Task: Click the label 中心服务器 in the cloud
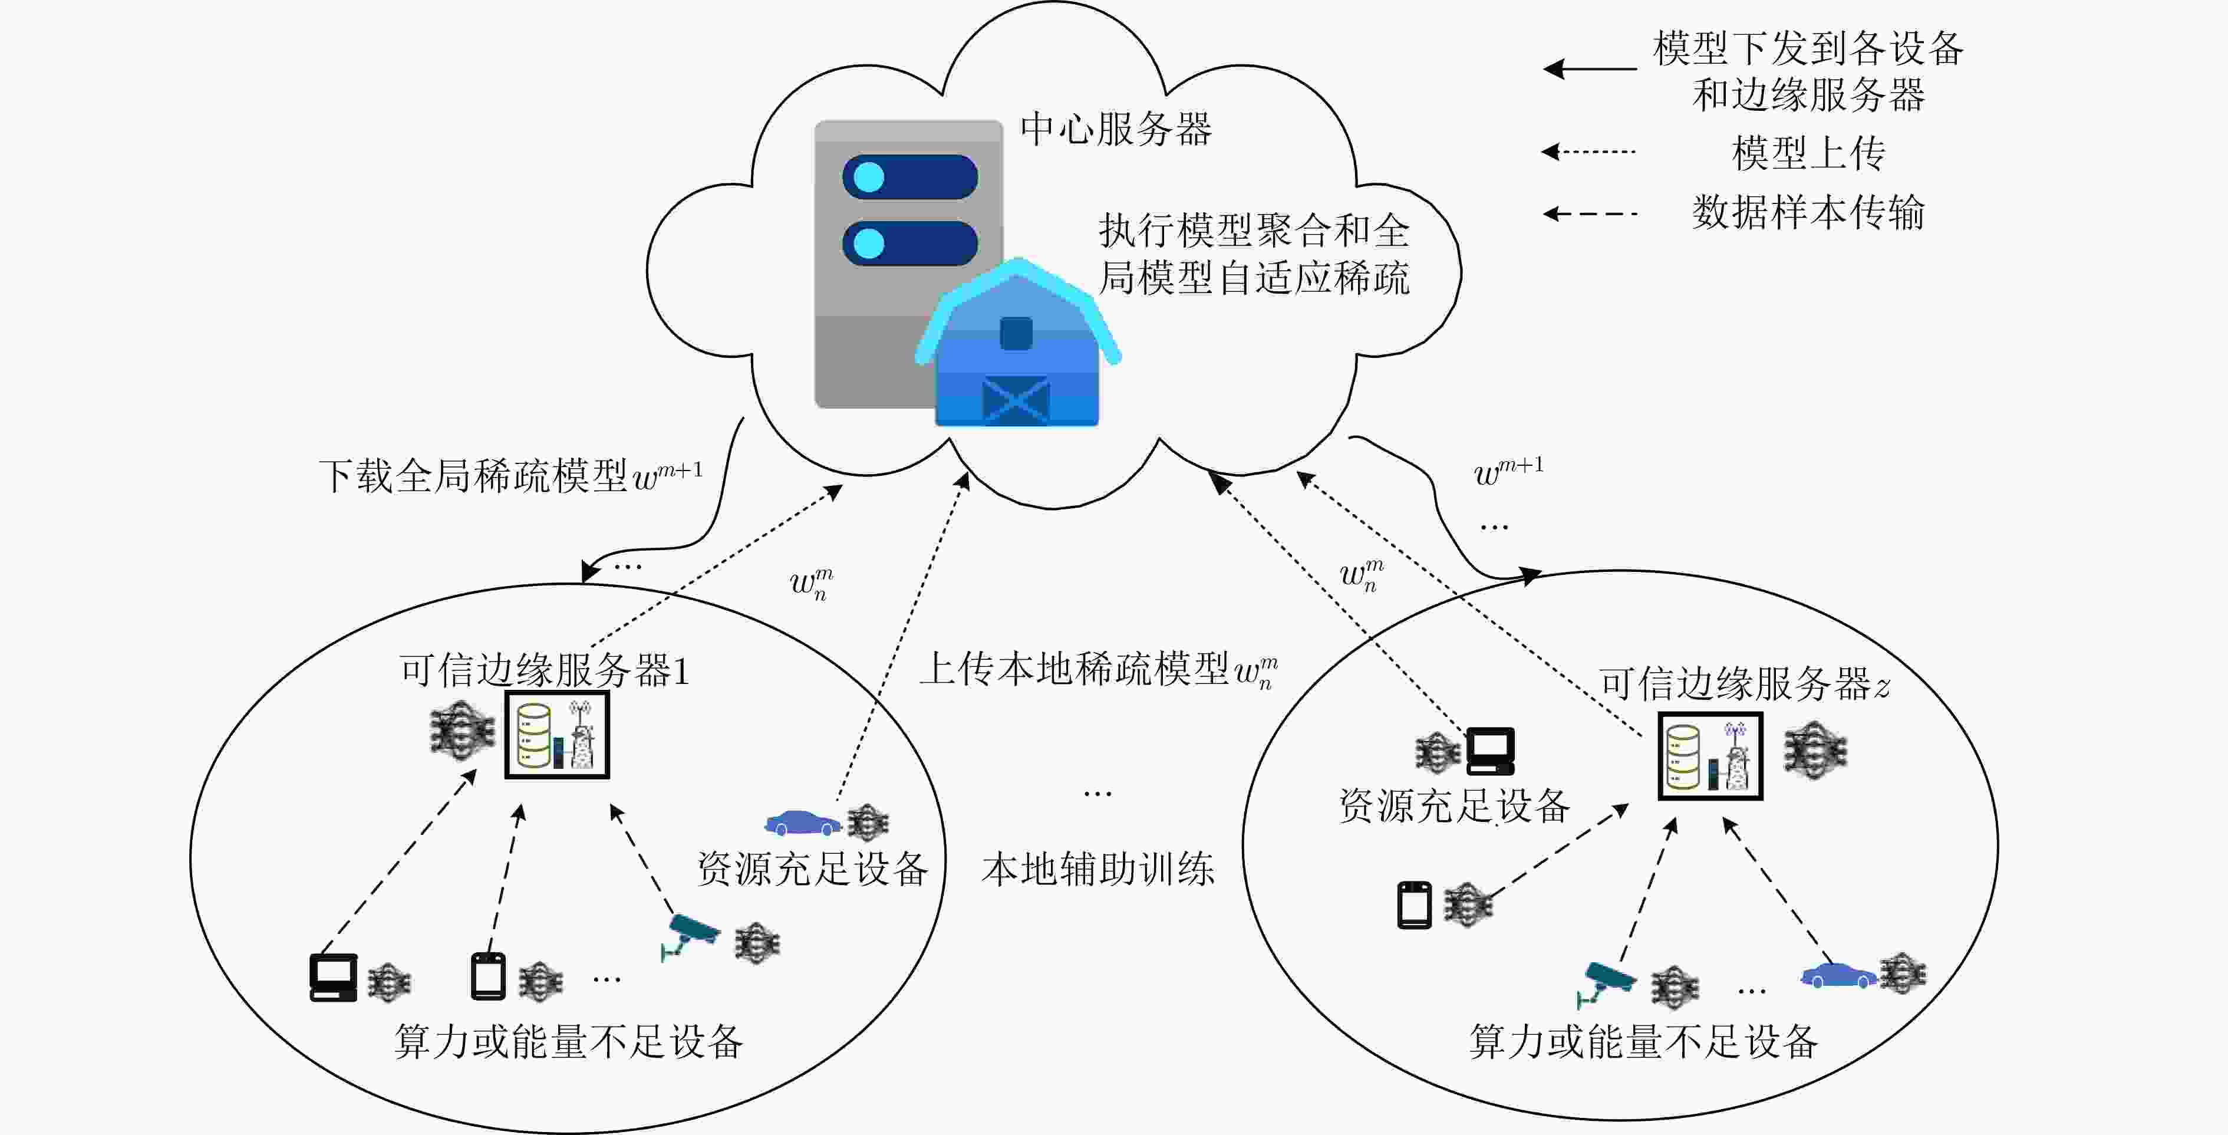[x=1116, y=130]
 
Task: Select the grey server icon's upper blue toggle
[x=910, y=177]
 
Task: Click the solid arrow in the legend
[x=1590, y=68]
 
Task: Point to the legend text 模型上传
[x=1808, y=153]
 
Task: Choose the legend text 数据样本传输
[x=1808, y=212]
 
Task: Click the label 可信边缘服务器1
[x=545, y=670]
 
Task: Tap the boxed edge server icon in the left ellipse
[x=557, y=735]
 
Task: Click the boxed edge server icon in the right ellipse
[x=1710, y=756]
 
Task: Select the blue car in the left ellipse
[x=803, y=822]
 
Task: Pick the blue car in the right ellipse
[x=1839, y=975]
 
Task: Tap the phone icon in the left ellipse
[x=488, y=976]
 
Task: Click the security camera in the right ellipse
[x=1606, y=985]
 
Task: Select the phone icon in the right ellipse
[x=1415, y=905]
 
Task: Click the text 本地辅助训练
[x=1099, y=868]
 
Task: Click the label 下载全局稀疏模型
[x=474, y=476]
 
